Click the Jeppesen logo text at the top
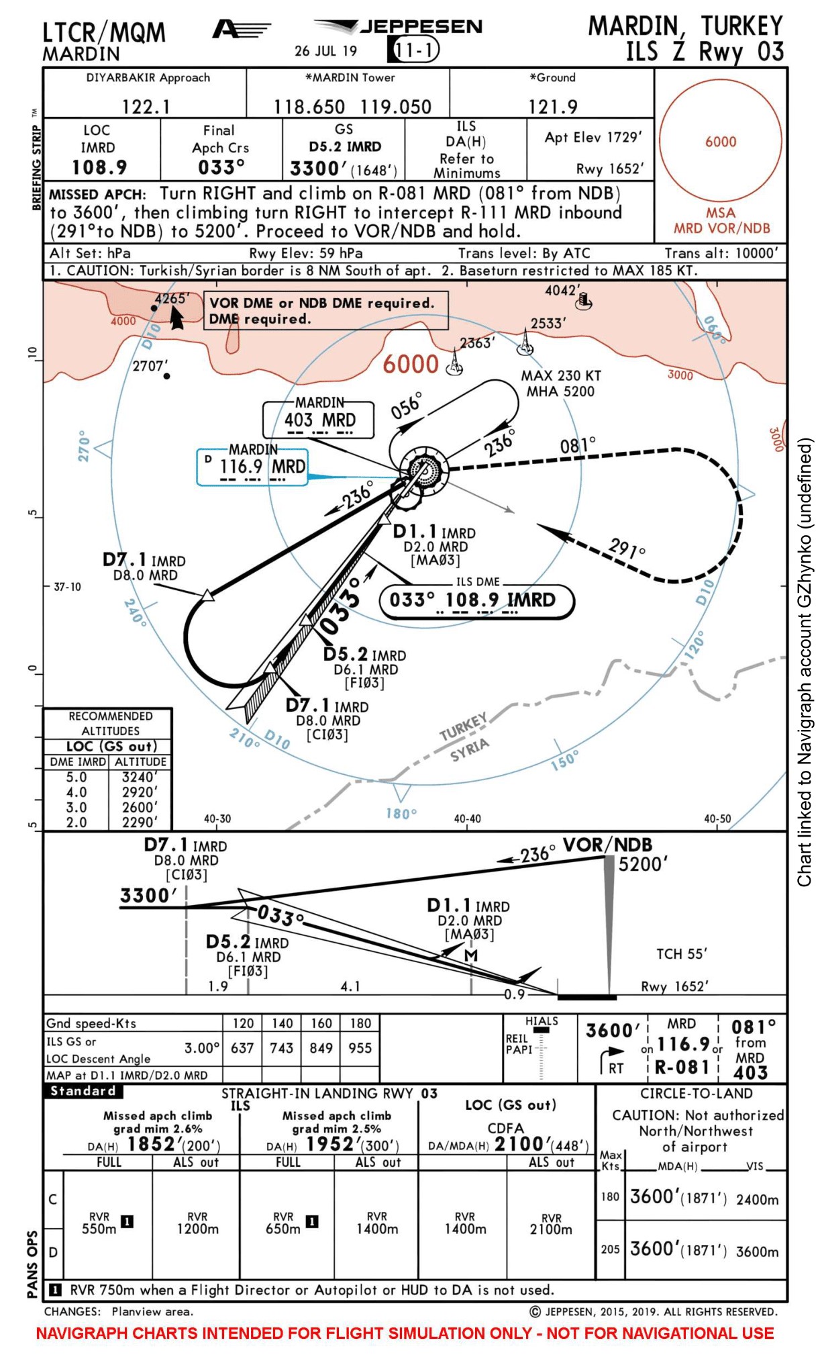tap(421, 27)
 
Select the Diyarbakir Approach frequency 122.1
tap(146, 107)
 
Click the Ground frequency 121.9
tap(552, 107)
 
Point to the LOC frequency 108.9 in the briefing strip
tap(99, 167)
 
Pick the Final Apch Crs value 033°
tap(221, 167)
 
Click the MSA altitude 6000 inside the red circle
tap(720, 142)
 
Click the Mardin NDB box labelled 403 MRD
tap(319, 420)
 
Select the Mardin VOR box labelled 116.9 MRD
tap(262, 467)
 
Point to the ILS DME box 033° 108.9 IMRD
tap(476, 600)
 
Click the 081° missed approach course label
tap(578, 445)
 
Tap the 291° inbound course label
tap(627, 549)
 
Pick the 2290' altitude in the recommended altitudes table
tap(140, 822)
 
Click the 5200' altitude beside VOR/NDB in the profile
tap(643, 864)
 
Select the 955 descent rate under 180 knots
tap(360, 1048)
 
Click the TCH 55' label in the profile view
tap(681, 954)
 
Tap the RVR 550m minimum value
tap(99, 1229)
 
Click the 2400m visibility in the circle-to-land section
tap(757, 1200)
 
